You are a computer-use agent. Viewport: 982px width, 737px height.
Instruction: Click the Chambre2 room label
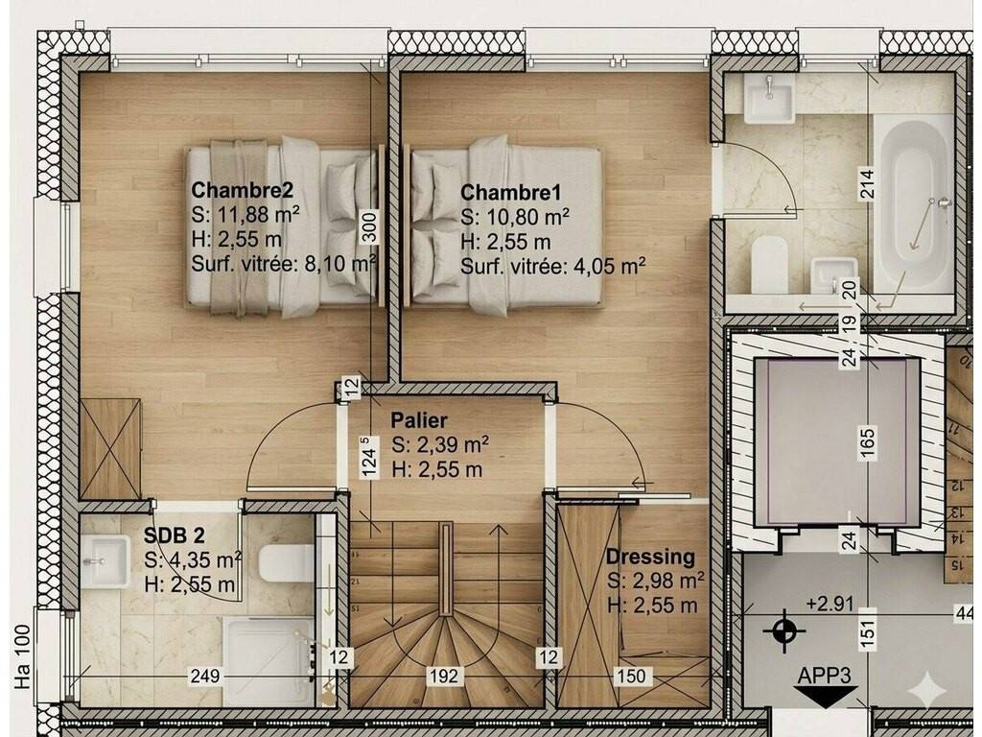pyautogui.click(x=242, y=189)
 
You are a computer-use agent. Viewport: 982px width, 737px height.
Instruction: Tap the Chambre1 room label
pyautogui.click(x=511, y=192)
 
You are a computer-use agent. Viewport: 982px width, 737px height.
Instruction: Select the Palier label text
pyautogui.click(x=419, y=419)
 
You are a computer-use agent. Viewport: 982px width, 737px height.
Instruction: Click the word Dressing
pyautogui.click(x=650, y=557)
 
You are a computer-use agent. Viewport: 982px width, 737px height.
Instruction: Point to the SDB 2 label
pyautogui.click(x=175, y=535)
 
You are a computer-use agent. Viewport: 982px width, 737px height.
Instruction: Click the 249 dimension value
pyautogui.click(x=205, y=676)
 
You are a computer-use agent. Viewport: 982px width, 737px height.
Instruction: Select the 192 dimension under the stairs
pyautogui.click(x=444, y=676)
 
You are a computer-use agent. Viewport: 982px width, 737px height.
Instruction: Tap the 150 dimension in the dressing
pyautogui.click(x=631, y=676)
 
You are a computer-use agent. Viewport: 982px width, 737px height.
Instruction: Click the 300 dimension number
pyautogui.click(x=370, y=226)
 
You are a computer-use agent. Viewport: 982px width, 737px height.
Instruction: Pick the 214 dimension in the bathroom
pyautogui.click(x=867, y=184)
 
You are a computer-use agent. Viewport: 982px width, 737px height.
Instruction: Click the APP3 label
pyautogui.click(x=824, y=676)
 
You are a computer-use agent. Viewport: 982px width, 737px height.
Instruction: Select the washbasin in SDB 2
pyautogui.click(x=105, y=561)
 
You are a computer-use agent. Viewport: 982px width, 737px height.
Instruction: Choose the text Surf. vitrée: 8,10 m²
pyautogui.click(x=284, y=264)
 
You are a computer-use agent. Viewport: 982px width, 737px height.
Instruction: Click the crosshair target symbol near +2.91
pyautogui.click(x=783, y=630)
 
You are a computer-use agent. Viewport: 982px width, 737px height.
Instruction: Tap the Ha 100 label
pyautogui.click(x=23, y=656)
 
